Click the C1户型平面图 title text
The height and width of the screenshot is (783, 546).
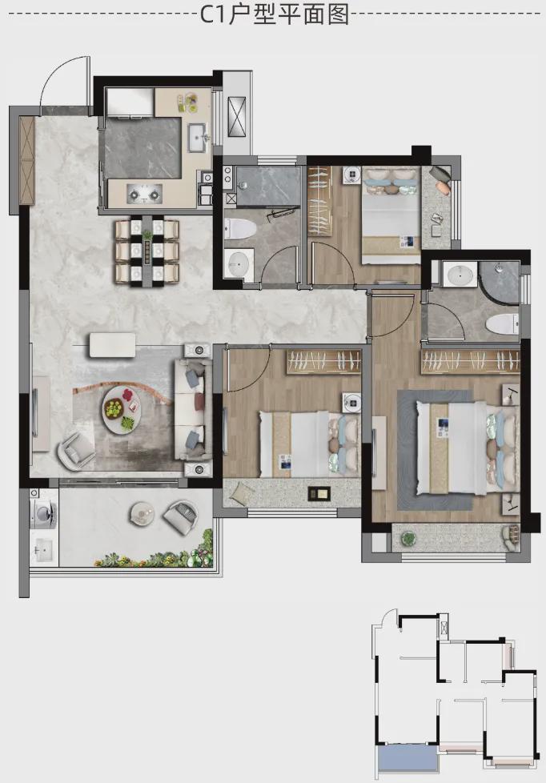pyautogui.click(x=275, y=14)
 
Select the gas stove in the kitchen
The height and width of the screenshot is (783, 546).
pyautogui.click(x=144, y=193)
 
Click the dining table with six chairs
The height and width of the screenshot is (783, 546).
pyautogui.click(x=147, y=252)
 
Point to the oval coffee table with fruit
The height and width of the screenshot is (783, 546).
pyautogui.click(x=122, y=409)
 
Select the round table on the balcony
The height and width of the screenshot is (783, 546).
pyautogui.click(x=143, y=513)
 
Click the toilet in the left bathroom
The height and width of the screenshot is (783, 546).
pyautogui.click(x=240, y=229)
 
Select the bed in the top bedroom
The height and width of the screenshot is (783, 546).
pyautogui.click(x=391, y=215)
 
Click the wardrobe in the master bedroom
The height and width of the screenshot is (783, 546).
pyautogui.click(x=471, y=361)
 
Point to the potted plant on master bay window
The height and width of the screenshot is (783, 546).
pyautogui.click(x=408, y=539)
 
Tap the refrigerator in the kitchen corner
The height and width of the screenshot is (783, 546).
pyautogui.click(x=130, y=103)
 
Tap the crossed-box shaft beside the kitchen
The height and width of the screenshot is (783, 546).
pyautogui.click(x=237, y=117)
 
